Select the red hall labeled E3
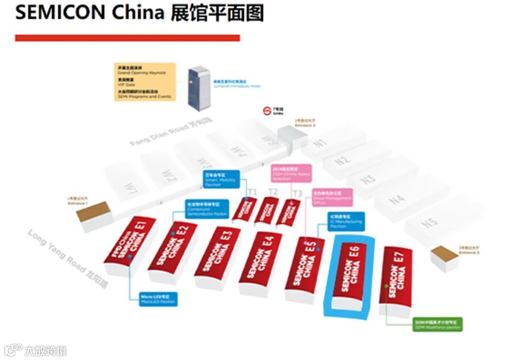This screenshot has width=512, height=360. click(218, 251)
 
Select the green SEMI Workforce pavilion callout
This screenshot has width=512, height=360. click(437, 324)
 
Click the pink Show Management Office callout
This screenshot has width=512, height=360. click(332, 198)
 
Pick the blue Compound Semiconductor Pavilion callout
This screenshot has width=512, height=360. click(207, 209)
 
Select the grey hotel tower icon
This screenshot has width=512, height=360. click(198, 87)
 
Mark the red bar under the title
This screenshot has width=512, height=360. click(127, 38)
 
